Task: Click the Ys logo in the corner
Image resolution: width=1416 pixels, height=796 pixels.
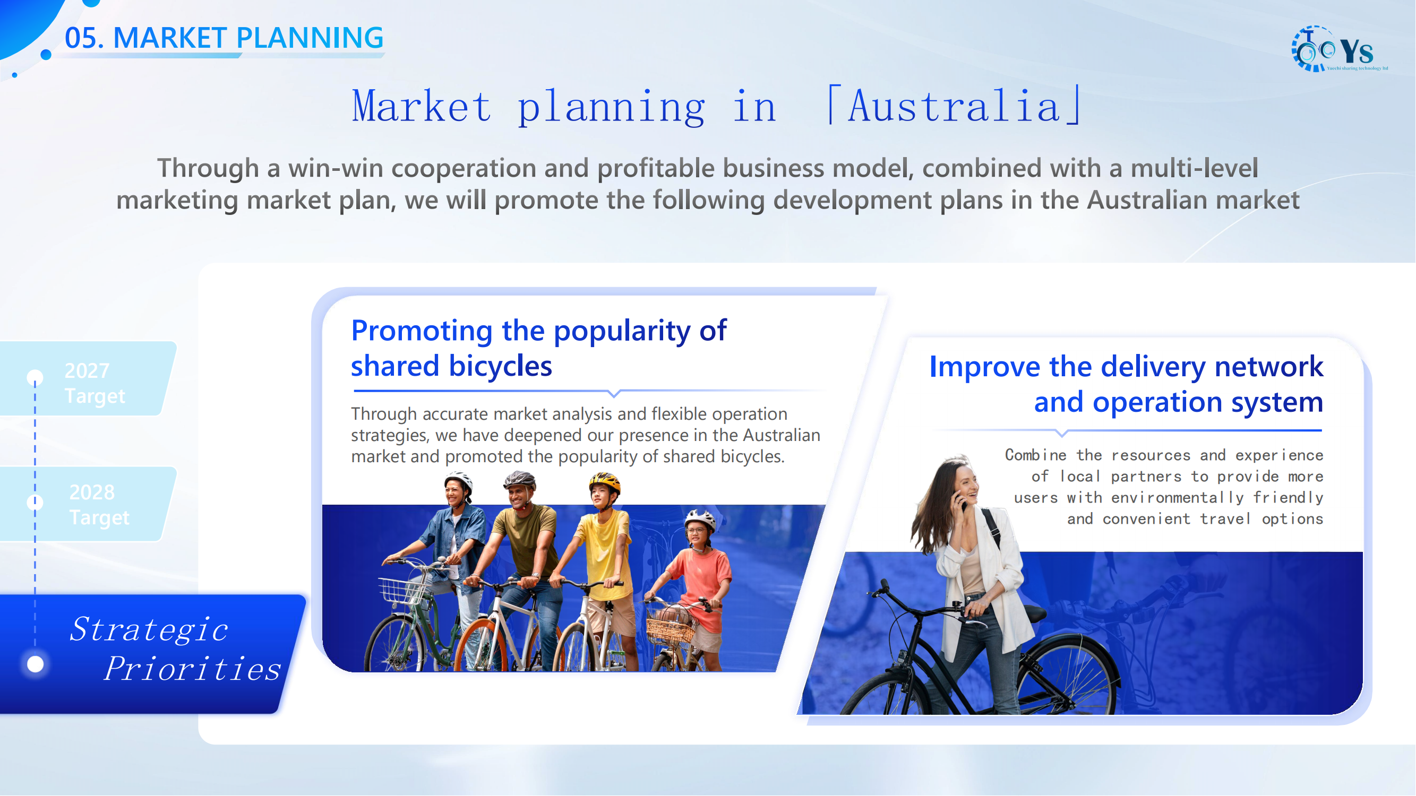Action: point(1338,49)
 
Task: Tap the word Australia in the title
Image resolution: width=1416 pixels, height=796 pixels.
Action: point(954,106)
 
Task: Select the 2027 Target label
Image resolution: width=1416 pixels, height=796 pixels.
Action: point(95,383)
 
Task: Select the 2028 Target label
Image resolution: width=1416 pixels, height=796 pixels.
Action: point(99,504)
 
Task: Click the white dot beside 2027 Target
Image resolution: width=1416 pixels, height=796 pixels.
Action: point(35,377)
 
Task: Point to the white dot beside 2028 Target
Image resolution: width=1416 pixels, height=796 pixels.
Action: point(35,502)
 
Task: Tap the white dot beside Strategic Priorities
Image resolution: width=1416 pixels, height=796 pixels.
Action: point(36,664)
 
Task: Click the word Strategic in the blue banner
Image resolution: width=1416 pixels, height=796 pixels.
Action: point(149,629)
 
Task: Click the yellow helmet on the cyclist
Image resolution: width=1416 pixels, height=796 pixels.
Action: point(605,483)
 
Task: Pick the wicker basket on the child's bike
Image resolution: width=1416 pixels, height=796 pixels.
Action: point(670,625)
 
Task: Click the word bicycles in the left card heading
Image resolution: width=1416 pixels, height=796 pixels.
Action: point(500,366)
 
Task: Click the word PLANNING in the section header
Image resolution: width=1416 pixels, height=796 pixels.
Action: point(310,38)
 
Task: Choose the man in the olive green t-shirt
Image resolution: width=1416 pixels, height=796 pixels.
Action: point(522,566)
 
